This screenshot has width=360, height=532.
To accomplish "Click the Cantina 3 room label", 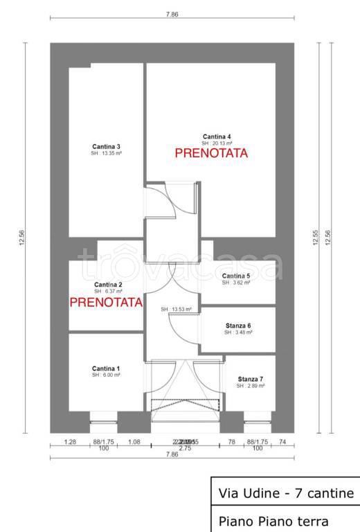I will pyautogui.click(x=107, y=146).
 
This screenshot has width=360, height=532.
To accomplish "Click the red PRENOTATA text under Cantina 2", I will pyautogui.click(x=107, y=302).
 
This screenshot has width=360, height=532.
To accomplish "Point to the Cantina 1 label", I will pyautogui.click(x=107, y=368).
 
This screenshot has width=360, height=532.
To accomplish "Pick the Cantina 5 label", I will pyautogui.click(x=236, y=276).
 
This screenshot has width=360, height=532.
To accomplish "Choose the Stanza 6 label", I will pyautogui.click(x=238, y=326).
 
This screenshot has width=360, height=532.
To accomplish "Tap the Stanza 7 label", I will pyautogui.click(x=250, y=379).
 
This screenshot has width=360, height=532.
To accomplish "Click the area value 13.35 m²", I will pyautogui.click(x=107, y=154).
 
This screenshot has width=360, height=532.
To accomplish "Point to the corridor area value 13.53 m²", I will pyautogui.click(x=176, y=309).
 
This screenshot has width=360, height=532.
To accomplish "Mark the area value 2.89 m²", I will pyautogui.click(x=250, y=386).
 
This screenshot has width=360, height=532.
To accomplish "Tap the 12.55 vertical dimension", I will pyautogui.click(x=315, y=238).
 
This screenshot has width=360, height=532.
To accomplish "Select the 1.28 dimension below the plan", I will pyautogui.click(x=69, y=441).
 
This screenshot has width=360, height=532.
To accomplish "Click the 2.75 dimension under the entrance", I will pyautogui.click(x=185, y=450).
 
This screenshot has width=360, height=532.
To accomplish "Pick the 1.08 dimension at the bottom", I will pyautogui.click(x=134, y=441).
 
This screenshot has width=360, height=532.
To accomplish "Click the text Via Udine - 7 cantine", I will pyautogui.click(x=285, y=493).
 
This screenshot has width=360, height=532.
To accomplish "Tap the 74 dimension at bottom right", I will pyautogui.click(x=282, y=441).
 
